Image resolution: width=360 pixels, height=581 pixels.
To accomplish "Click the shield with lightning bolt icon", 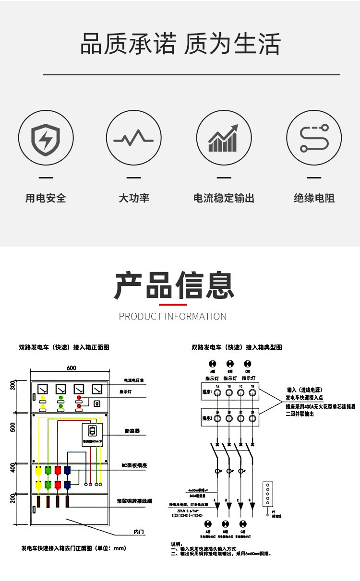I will coord(46,138).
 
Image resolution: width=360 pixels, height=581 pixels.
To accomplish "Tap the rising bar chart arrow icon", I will coord(224,138).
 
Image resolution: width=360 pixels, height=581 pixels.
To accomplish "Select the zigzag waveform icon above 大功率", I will coord(133,139).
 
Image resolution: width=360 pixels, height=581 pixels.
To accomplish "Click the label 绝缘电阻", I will coord(314,198).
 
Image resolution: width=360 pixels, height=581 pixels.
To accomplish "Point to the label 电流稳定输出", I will coord(224,198).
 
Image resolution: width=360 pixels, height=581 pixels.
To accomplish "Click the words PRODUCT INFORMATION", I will coord(173,316).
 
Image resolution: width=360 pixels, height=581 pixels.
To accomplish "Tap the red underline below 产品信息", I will coord(173,304).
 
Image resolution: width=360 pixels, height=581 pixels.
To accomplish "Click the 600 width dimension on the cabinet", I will coord(71,368).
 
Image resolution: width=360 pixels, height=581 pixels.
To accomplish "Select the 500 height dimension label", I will coord(13,427).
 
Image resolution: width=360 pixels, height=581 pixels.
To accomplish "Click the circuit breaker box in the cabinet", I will coord(93,435).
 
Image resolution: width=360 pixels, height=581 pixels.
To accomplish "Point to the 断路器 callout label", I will coord(131,431).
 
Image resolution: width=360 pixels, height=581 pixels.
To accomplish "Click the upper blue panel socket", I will coord(68,471).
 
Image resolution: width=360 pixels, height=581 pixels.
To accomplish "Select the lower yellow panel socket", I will coord(38,486).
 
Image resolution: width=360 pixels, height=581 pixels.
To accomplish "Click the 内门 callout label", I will coord(139,532).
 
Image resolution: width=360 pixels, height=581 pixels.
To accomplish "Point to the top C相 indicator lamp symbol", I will coord(247,364).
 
